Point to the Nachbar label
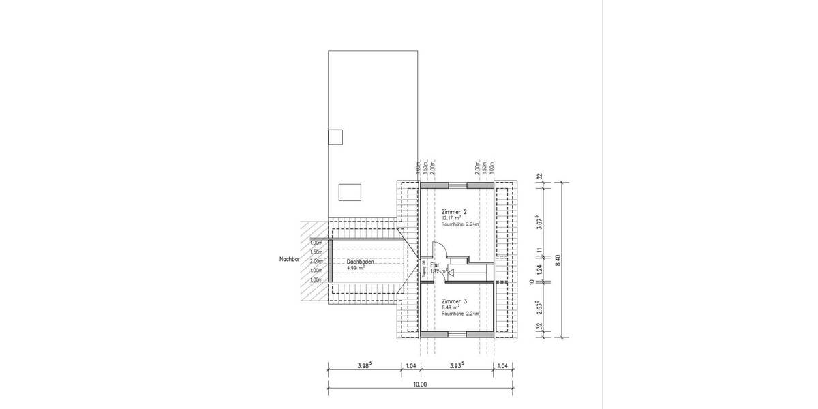pyautogui.click(x=290, y=260)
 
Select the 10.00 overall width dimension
pyautogui.click(x=420, y=384)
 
